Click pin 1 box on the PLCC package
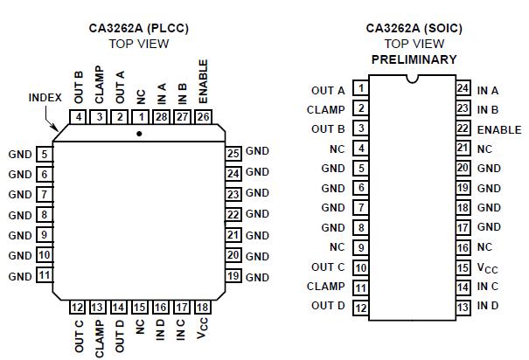[141, 117]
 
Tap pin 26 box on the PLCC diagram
[203, 117]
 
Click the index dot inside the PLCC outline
[140, 134]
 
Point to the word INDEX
[45, 98]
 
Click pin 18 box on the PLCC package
[203, 307]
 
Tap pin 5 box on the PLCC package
[43, 155]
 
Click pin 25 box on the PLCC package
[233, 153]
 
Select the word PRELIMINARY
[414, 59]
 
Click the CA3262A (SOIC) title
[414, 28]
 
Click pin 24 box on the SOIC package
[463, 88]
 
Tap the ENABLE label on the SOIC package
[499, 130]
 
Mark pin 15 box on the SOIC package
[463, 267]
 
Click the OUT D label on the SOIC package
[328, 306]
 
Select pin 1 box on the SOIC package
[360, 88]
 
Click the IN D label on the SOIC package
[489, 306]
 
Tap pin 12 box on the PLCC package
[78, 307]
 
